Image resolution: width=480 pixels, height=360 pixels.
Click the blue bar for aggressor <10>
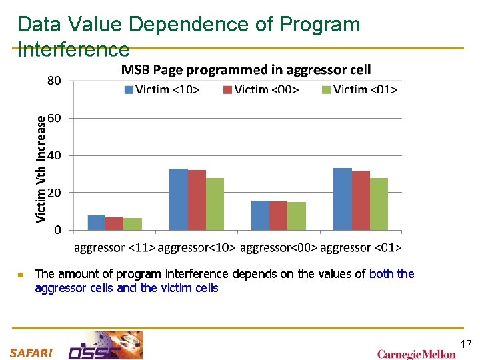(178, 199)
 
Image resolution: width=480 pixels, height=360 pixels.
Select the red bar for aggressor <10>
(197, 200)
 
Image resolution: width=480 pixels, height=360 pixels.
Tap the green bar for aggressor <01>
(379, 204)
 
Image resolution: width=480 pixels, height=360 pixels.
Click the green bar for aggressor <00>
(297, 216)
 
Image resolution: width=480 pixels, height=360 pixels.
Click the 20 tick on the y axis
(55, 193)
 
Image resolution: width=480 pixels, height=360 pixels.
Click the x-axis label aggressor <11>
(114, 248)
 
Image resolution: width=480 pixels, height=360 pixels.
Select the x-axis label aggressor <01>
(361, 248)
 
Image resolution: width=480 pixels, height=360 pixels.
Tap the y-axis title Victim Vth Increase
(41, 169)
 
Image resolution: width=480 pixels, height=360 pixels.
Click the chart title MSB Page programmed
(245, 70)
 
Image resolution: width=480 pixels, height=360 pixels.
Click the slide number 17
(466, 344)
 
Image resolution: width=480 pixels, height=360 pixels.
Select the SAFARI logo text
(31, 353)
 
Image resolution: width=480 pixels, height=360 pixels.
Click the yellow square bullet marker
(20, 275)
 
